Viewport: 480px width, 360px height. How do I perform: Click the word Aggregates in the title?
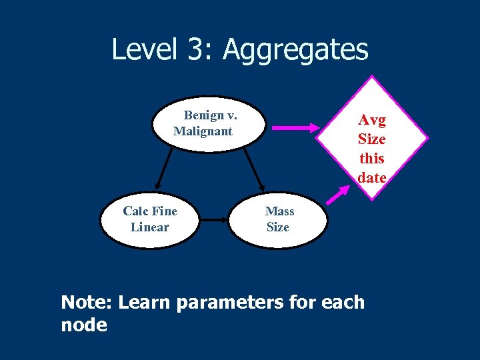point(295,50)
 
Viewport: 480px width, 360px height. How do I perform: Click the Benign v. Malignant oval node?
point(209,123)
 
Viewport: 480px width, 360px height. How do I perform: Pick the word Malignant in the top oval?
point(203,131)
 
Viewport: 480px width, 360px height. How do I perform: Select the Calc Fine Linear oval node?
point(149,219)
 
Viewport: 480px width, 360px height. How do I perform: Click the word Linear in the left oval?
point(149,227)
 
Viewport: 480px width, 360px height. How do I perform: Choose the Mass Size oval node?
point(278,219)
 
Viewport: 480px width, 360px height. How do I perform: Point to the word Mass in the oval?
point(279,211)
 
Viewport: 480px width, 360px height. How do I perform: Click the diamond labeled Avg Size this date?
point(372,139)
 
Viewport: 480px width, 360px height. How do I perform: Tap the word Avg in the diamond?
point(371,120)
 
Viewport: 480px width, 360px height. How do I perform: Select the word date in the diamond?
point(371,177)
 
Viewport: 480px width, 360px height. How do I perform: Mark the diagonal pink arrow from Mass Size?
point(339,194)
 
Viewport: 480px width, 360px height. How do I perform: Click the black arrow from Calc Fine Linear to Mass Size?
point(213,219)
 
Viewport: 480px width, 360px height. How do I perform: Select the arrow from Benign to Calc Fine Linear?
point(164,169)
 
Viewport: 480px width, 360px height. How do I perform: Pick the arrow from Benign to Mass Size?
point(253,169)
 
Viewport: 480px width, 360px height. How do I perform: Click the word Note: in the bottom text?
point(88,303)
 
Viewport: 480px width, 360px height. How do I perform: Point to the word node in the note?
point(83,325)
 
